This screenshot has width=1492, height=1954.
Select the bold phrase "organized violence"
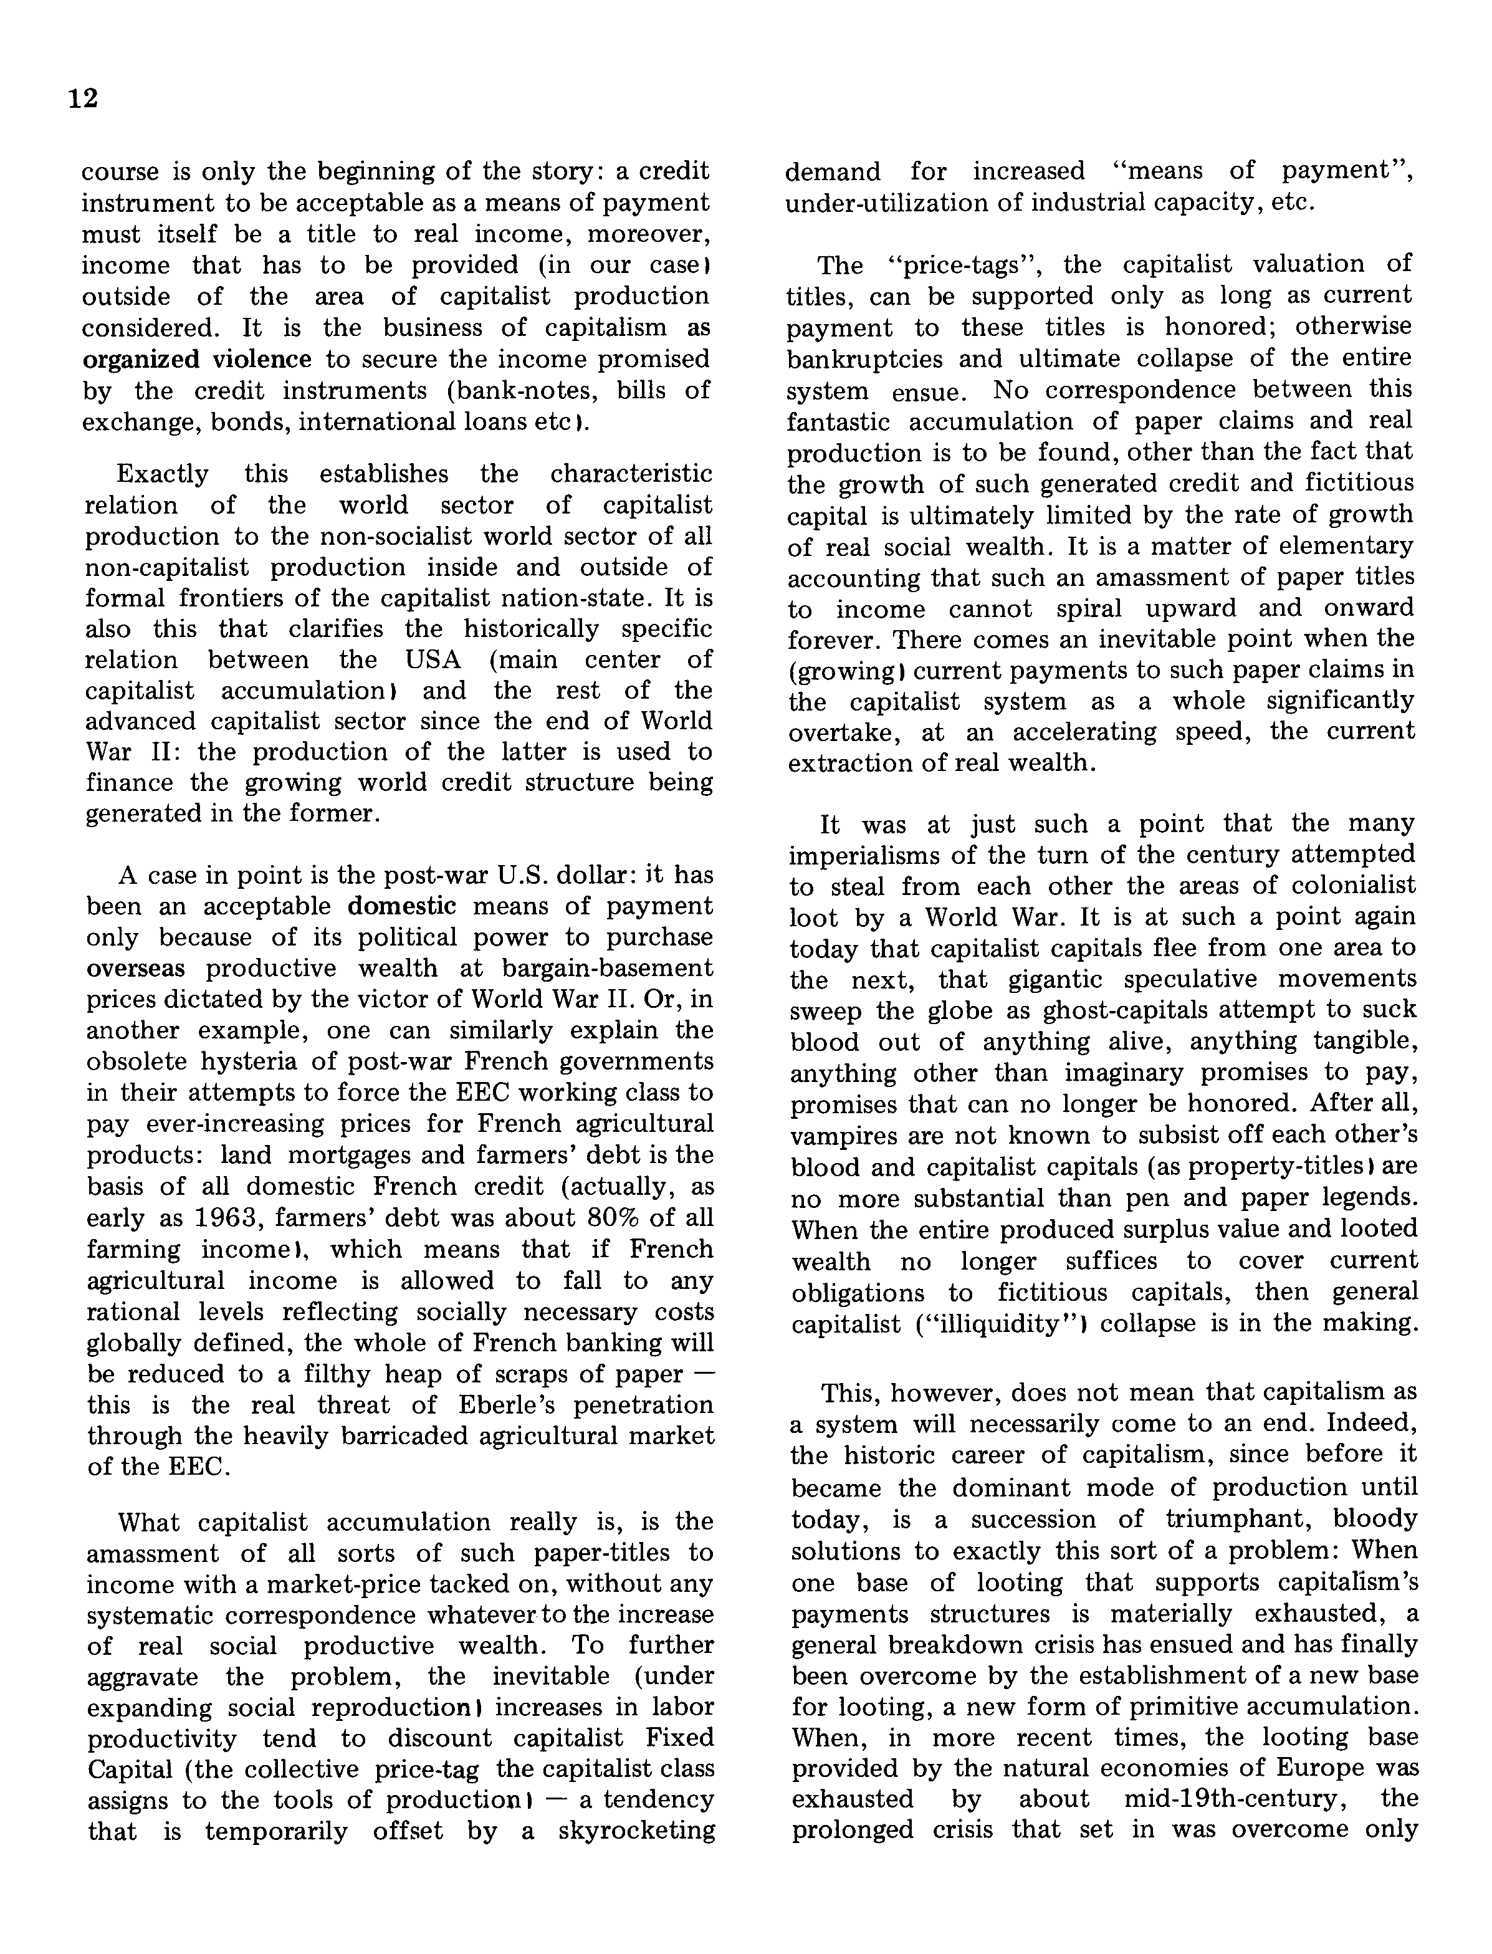pyautogui.click(x=196, y=360)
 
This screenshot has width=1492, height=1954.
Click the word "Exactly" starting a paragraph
pyautogui.click(x=163, y=474)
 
